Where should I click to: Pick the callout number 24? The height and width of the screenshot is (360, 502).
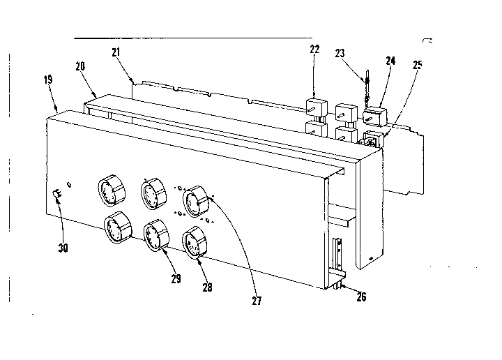[x=390, y=61]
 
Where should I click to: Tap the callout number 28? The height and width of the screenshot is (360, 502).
[x=208, y=287]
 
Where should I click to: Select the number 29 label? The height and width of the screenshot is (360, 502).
[x=176, y=279]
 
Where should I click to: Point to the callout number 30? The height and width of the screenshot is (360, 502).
[x=63, y=247]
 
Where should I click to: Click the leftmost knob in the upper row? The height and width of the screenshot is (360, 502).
[x=110, y=190]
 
